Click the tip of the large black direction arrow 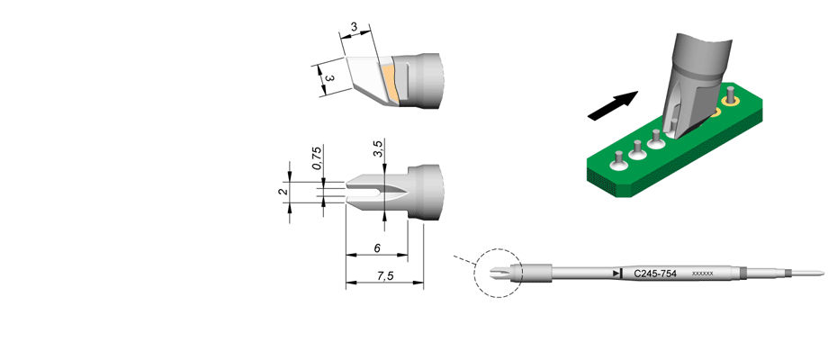tap(638, 92)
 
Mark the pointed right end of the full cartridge tap(824, 273)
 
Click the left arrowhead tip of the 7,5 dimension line tap(346, 282)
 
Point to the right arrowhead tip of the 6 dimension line tap(408, 255)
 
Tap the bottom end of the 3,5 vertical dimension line tap(385, 219)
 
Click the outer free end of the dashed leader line tap(453, 256)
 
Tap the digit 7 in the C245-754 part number tap(662, 274)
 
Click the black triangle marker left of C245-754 tap(617, 274)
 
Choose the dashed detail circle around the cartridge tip tap(498, 273)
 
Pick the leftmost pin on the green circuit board tap(618, 157)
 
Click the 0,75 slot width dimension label tap(317, 158)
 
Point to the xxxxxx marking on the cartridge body tap(703, 274)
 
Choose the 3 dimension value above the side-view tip tap(354, 28)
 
